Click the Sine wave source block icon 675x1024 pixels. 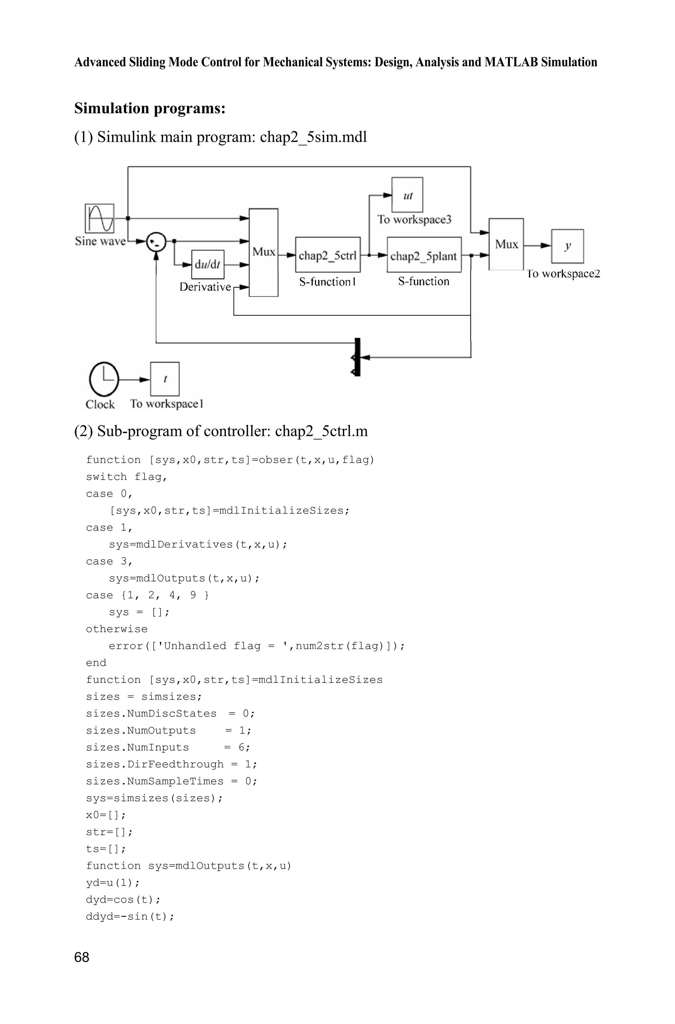click(100, 218)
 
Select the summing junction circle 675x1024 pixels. click(156, 242)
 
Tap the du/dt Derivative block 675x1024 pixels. click(208, 264)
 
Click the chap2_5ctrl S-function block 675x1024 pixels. click(328, 255)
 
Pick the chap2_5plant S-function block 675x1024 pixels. click(424, 255)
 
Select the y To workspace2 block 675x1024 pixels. click(567, 246)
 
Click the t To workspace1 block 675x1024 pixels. click(164, 379)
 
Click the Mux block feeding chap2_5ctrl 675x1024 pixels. click(263, 252)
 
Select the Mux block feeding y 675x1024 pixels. click(506, 244)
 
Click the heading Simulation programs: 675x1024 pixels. click(150, 108)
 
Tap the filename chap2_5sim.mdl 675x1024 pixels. click(313, 137)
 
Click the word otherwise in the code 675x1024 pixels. click(117, 629)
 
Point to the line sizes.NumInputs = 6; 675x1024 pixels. click(168, 747)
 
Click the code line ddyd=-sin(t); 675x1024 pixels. click(130, 916)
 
